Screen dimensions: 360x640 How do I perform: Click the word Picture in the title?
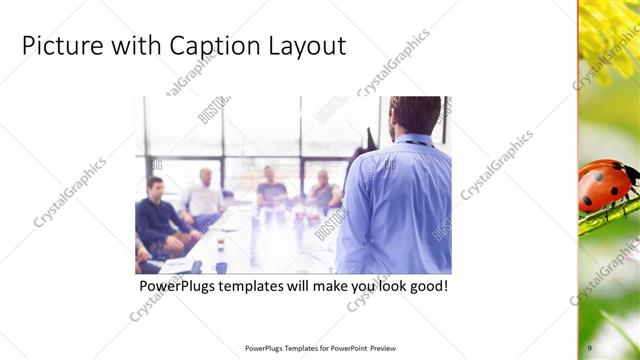click(x=59, y=46)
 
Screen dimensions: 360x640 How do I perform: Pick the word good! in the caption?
click(x=424, y=286)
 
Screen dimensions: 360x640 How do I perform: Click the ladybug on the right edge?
click(x=605, y=185)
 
